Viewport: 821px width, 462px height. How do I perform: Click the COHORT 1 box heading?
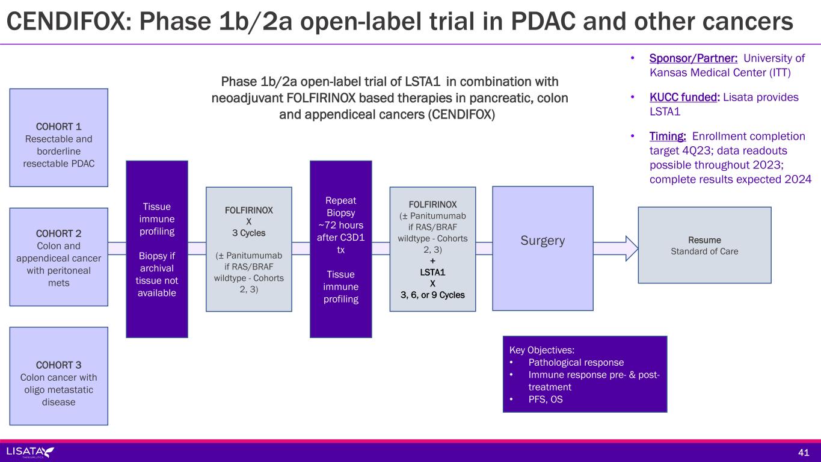(58, 126)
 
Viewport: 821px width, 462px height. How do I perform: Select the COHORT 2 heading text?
(58, 233)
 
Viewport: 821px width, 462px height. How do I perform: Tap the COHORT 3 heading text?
(58, 365)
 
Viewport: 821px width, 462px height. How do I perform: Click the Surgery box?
(543, 241)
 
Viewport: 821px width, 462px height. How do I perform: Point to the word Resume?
(704, 239)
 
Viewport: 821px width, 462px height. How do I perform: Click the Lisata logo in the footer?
(30, 452)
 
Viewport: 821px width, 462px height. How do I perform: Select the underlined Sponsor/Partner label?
(693, 58)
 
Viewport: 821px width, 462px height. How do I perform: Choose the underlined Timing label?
(667, 136)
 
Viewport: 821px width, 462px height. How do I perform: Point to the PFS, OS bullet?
(546, 399)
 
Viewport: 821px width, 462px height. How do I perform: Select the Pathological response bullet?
(576, 362)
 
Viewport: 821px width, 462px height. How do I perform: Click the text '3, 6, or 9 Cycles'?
(432, 295)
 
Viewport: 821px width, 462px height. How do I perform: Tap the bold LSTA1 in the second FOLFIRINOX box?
(432, 272)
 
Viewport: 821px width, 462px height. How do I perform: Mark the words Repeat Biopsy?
(340, 206)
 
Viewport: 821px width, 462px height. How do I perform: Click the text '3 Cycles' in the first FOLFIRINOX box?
(248, 233)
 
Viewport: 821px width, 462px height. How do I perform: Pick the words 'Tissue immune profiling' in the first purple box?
(157, 218)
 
